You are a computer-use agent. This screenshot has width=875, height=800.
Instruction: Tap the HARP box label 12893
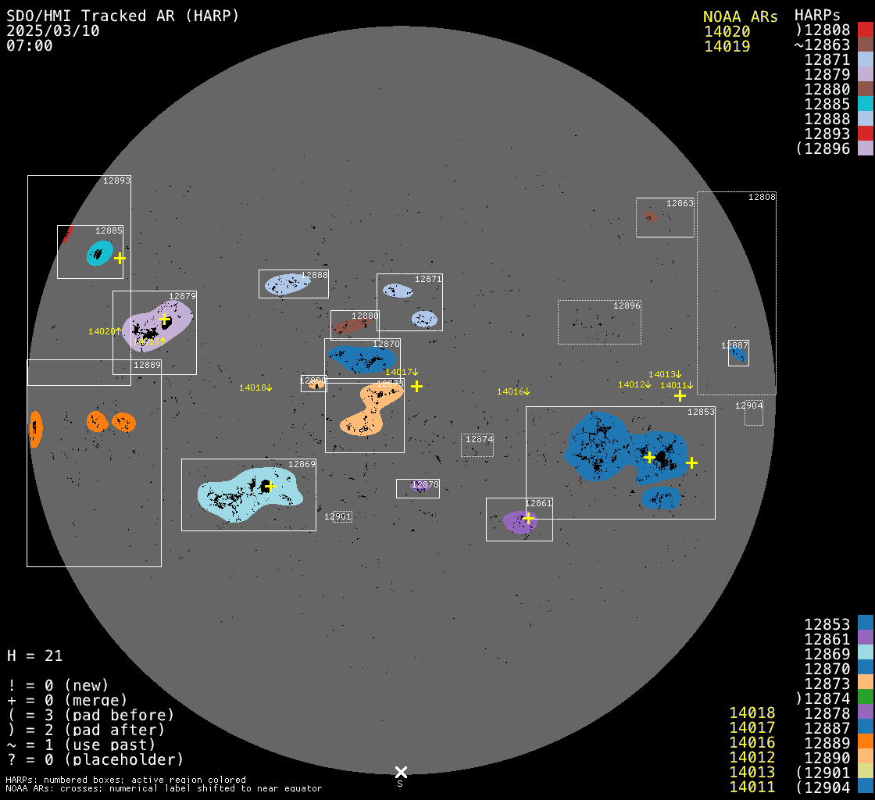(x=116, y=180)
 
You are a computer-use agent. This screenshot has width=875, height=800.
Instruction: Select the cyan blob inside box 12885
(x=98, y=252)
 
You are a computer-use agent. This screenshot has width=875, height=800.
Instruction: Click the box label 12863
(x=679, y=203)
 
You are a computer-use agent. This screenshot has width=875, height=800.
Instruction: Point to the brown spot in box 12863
(x=650, y=216)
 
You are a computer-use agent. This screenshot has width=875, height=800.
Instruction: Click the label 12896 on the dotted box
(x=627, y=305)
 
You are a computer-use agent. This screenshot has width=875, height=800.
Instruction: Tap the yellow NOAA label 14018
(x=255, y=387)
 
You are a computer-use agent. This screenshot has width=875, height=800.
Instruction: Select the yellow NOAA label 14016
(x=512, y=391)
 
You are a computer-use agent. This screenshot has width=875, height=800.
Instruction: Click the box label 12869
(x=302, y=464)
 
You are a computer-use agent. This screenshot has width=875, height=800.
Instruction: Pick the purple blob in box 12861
(x=518, y=522)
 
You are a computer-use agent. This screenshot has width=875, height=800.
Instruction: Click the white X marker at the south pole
(x=401, y=772)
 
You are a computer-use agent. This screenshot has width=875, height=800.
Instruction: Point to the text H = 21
(x=34, y=655)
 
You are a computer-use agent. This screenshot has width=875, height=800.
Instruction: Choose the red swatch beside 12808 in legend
(x=865, y=30)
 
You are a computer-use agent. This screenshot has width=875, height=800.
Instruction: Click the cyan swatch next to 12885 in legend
(x=865, y=103)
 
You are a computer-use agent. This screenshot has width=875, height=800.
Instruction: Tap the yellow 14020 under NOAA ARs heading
(x=727, y=31)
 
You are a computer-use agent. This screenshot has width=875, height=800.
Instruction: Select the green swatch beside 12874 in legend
(x=865, y=698)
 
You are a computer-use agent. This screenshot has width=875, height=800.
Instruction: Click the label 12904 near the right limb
(x=748, y=405)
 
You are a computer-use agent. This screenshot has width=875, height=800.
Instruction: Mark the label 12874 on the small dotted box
(x=479, y=439)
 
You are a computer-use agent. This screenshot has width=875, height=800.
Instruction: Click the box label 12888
(x=314, y=275)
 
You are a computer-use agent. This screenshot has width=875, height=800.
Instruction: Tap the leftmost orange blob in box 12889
(x=35, y=429)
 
